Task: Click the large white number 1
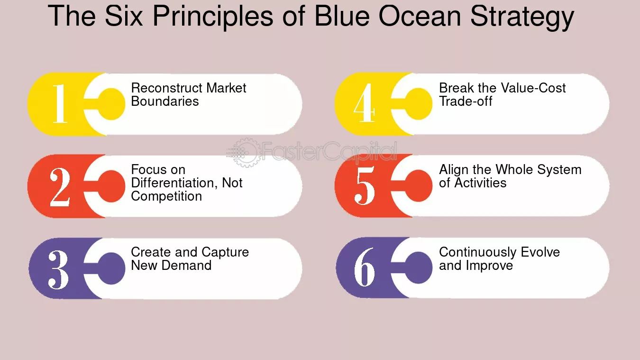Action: pyautogui.click(x=59, y=104)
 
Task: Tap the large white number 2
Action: pyautogui.click(x=60, y=186)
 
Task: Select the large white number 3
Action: pyautogui.click(x=58, y=268)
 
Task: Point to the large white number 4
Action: pyautogui.click(x=364, y=104)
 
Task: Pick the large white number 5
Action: pyautogui.click(x=365, y=186)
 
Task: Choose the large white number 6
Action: pyautogui.click(x=365, y=268)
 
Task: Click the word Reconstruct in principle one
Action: pyautogui.click(x=164, y=88)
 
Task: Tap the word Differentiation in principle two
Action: pyautogui.click(x=174, y=183)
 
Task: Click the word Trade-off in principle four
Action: pyautogui.click(x=466, y=102)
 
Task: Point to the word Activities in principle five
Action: pyautogui.click(x=480, y=183)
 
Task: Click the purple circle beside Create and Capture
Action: pyautogui.click(x=112, y=268)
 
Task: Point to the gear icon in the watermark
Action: pyautogui.click(x=245, y=152)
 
